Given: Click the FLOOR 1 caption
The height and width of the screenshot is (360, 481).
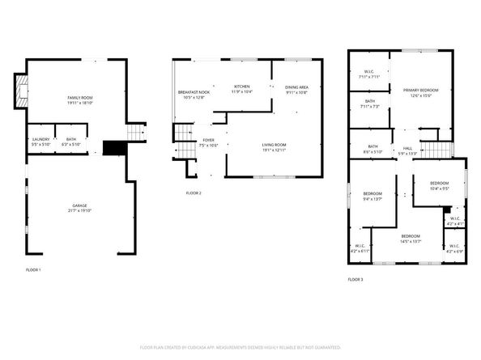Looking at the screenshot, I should (32, 269).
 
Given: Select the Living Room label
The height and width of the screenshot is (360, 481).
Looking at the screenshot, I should (274, 146).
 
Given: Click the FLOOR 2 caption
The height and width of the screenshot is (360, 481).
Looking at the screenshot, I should (194, 193).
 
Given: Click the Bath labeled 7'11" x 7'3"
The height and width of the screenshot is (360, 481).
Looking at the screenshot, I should (368, 103).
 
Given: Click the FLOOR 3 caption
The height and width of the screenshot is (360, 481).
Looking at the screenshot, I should (355, 279).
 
